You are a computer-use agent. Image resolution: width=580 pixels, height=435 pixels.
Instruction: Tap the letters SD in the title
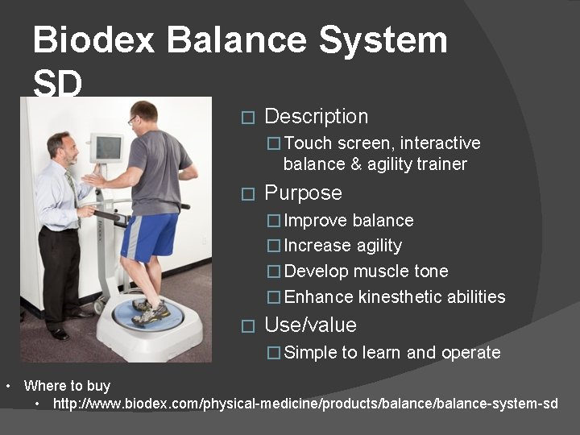[x=58, y=83]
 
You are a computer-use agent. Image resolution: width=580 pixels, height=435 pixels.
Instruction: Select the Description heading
[x=316, y=117]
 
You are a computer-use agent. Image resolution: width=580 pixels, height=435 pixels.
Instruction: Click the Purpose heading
[x=303, y=193]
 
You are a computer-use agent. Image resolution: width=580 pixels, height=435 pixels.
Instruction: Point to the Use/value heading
[x=310, y=325]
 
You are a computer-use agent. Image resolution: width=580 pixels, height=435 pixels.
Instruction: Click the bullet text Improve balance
[x=349, y=221]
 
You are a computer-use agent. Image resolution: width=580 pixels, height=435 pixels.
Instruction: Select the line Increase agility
[x=343, y=246]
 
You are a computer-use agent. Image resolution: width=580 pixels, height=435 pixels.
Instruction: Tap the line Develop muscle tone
[x=366, y=271]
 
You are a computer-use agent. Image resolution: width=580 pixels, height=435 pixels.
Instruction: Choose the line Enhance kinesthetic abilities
[x=395, y=297]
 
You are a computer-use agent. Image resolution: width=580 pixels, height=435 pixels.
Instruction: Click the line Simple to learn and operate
[x=392, y=353]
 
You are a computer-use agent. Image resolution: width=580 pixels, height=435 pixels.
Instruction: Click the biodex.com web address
[x=305, y=403]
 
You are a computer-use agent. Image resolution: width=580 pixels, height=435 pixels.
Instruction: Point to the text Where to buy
[x=67, y=386]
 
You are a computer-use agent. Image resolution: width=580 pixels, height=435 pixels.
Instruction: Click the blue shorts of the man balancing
[x=149, y=235]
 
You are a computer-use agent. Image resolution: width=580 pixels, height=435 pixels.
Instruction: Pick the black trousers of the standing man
[x=60, y=274]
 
